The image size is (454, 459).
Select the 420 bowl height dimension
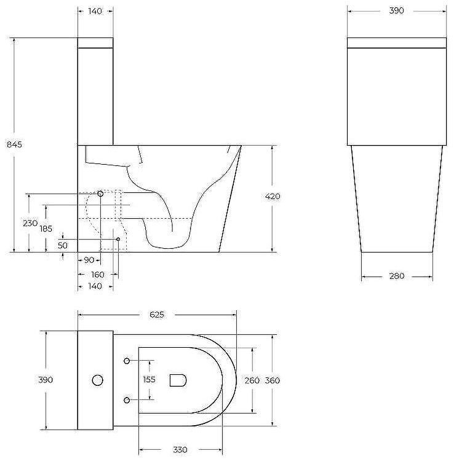click(273, 197)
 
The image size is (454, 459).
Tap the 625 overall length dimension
click(157, 314)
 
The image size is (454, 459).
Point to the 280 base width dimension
click(397, 277)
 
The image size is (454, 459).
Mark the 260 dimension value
click(252, 380)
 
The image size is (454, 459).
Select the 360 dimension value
click(273, 380)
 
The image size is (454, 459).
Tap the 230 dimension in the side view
click(30, 223)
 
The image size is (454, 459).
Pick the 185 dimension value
click(47, 228)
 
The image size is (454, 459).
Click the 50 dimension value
click(63, 245)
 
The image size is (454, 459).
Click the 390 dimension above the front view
click(397, 11)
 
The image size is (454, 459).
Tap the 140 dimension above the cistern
click(95, 11)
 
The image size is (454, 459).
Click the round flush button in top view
click(97, 380)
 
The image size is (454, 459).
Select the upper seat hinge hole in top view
click(127, 361)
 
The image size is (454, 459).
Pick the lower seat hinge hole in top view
click(127, 400)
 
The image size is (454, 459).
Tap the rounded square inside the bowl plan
click(178, 380)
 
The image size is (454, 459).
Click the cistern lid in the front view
click(397, 43)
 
